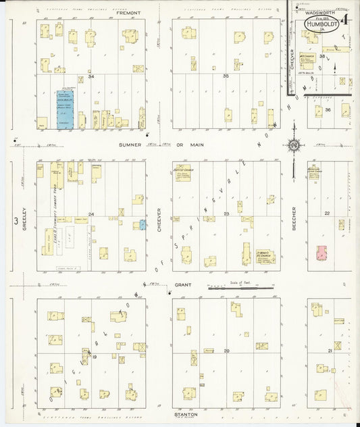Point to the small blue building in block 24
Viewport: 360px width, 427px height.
(x=143, y=224)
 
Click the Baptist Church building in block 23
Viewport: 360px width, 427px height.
(x=182, y=173)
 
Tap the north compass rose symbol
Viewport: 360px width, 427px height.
(x=293, y=145)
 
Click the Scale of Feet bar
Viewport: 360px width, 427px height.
(x=240, y=288)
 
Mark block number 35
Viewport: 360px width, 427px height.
(x=226, y=76)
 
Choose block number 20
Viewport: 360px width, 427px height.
(x=226, y=351)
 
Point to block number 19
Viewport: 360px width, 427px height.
(x=95, y=356)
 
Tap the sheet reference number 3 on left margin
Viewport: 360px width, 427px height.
(x=14, y=220)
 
